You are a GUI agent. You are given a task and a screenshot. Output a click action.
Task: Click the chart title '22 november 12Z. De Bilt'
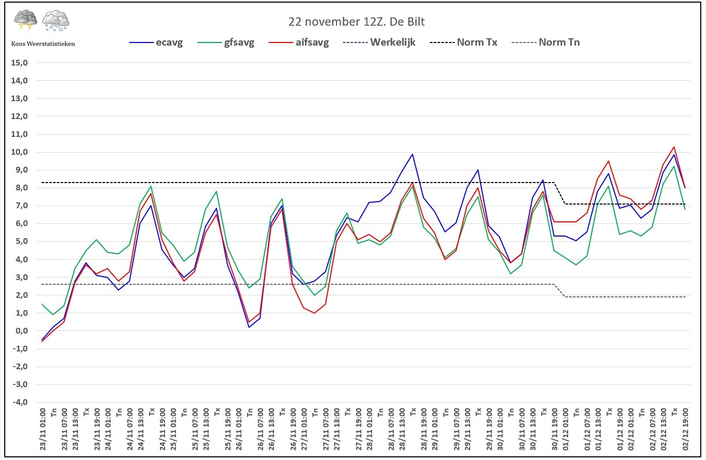(356, 22)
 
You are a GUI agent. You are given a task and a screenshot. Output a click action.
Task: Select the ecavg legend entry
(156, 42)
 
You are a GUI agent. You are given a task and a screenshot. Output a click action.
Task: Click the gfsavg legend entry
(226, 42)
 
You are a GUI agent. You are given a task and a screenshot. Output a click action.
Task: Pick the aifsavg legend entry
(298, 42)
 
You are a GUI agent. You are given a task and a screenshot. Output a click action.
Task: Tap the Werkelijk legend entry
(379, 42)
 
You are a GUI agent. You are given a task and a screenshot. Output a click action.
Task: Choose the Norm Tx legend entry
(463, 42)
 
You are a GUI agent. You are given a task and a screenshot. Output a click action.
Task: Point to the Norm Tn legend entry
(546, 42)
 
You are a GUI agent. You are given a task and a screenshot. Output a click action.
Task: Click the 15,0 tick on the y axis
(19, 62)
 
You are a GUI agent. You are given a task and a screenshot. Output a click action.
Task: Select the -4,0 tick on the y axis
(20, 402)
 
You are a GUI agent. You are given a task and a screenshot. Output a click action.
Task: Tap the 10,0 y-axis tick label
(19, 152)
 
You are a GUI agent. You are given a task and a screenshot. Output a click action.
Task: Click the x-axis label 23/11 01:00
(42, 429)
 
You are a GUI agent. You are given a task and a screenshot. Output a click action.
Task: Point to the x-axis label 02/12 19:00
(686, 429)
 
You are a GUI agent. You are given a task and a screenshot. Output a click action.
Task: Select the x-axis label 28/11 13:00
(402, 429)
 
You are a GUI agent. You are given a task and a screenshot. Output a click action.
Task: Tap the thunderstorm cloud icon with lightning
(26, 19)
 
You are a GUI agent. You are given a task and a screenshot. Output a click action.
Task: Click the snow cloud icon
(56, 20)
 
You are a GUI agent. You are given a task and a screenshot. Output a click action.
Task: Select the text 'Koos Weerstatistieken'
(43, 44)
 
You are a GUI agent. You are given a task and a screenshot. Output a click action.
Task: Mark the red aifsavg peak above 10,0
(674, 147)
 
